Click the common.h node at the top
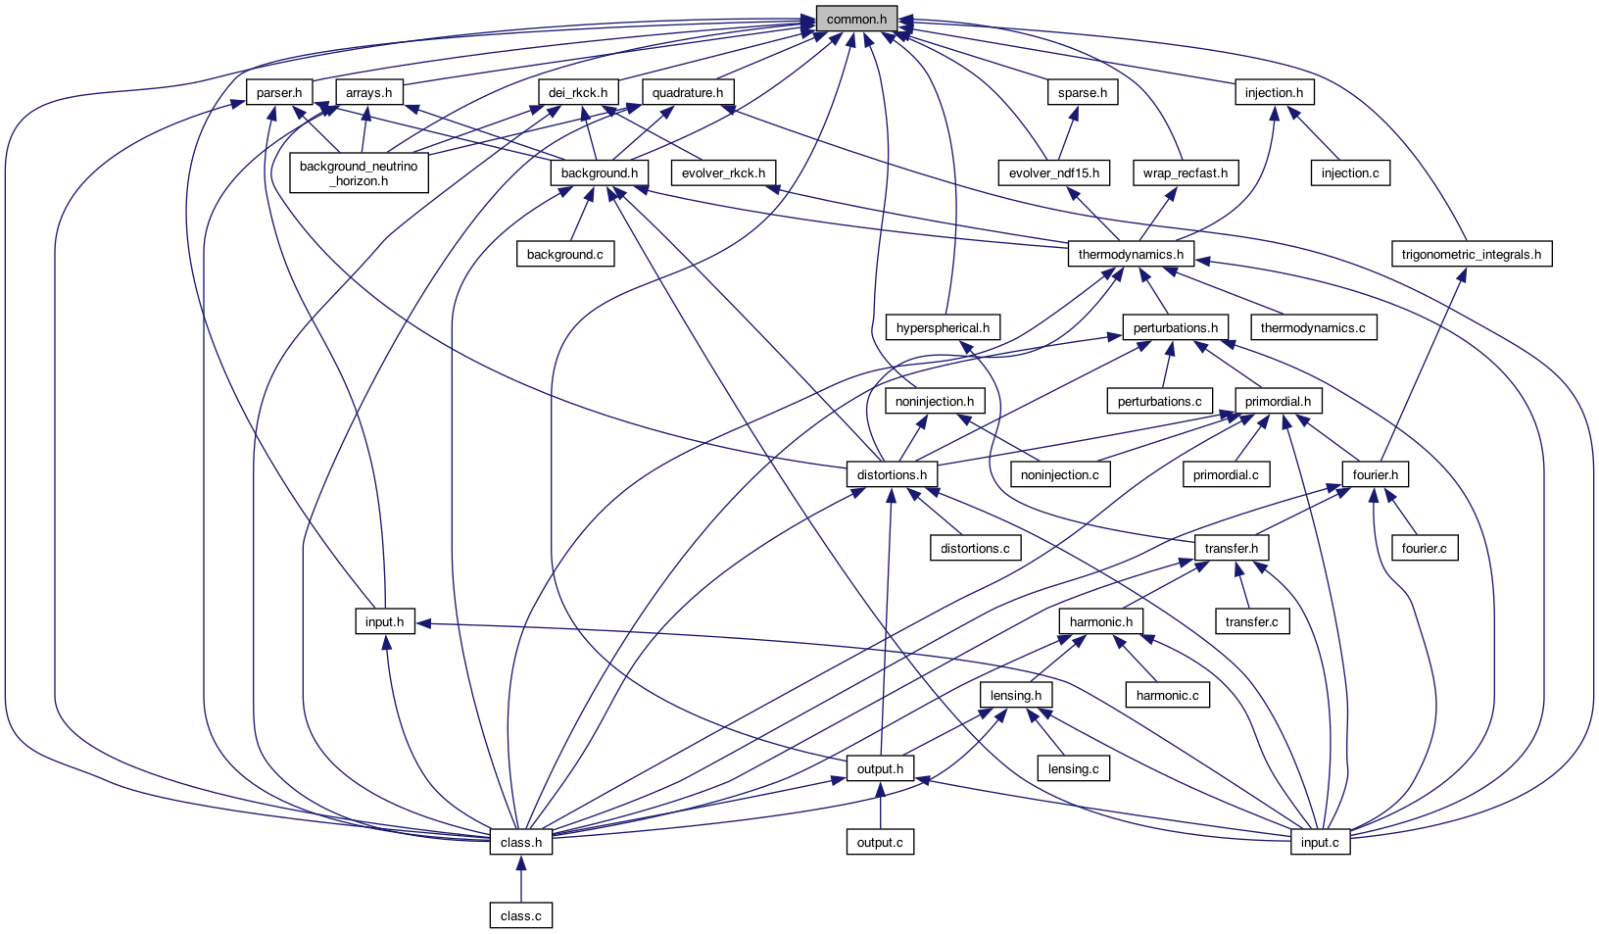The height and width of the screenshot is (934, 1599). click(856, 19)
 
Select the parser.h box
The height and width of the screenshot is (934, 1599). click(279, 93)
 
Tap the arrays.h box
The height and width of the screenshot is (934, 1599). click(368, 93)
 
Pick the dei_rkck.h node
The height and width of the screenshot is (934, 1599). click(578, 93)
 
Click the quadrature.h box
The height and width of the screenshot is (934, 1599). click(688, 93)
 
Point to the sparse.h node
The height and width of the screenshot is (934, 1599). click(1083, 93)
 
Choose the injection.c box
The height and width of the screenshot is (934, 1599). click(1350, 173)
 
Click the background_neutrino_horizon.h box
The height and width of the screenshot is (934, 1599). click(359, 173)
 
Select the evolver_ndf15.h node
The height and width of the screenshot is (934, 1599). click(1054, 173)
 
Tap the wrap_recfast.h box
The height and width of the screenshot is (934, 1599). click(1185, 173)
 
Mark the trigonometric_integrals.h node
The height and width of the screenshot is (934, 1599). click(1472, 255)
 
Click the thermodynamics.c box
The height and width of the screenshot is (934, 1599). click(1313, 327)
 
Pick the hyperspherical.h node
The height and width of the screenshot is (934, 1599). click(943, 327)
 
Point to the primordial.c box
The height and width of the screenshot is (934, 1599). click(1226, 475)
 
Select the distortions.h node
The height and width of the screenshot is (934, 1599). click(891, 475)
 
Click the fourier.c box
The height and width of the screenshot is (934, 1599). click(1424, 548)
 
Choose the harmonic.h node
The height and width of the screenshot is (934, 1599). click(1101, 622)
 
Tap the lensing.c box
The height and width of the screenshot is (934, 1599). click(1074, 769)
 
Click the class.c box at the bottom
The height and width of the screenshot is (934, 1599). click(520, 915)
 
